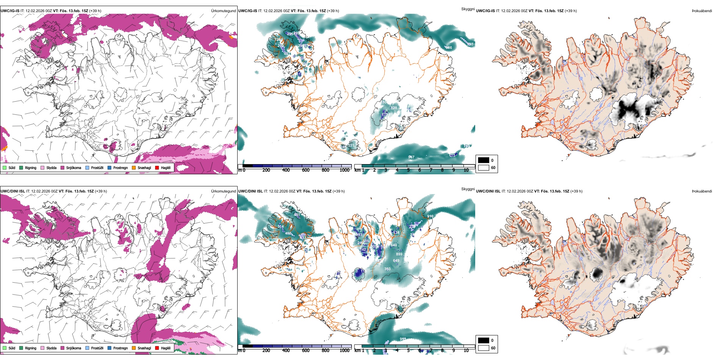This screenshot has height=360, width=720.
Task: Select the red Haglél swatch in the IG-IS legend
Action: point(157,167)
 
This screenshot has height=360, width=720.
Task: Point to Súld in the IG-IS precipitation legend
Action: point(9,167)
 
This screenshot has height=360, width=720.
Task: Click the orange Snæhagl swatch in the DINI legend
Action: point(134,348)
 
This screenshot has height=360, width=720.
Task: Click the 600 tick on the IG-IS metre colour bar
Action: point(305,170)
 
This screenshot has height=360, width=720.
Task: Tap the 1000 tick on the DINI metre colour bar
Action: point(344,351)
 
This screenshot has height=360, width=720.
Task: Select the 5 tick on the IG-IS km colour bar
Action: point(408,170)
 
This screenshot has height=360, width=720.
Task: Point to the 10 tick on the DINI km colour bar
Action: point(466,351)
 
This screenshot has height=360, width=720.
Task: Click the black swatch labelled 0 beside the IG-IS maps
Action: point(484,160)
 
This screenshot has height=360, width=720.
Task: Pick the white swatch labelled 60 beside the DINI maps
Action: point(484,348)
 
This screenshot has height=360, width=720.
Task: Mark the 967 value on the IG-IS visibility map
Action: point(411,157)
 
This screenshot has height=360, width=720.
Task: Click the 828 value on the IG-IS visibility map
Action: point(394,108)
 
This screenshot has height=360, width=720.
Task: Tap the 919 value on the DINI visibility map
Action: point(430,216)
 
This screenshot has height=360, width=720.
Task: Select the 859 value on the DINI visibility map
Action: point(399,254)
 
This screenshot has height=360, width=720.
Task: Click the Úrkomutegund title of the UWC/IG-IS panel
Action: point(223,11)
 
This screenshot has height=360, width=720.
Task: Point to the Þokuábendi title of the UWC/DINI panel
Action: point(702,191)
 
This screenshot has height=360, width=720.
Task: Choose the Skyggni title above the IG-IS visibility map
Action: point(468,9)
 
